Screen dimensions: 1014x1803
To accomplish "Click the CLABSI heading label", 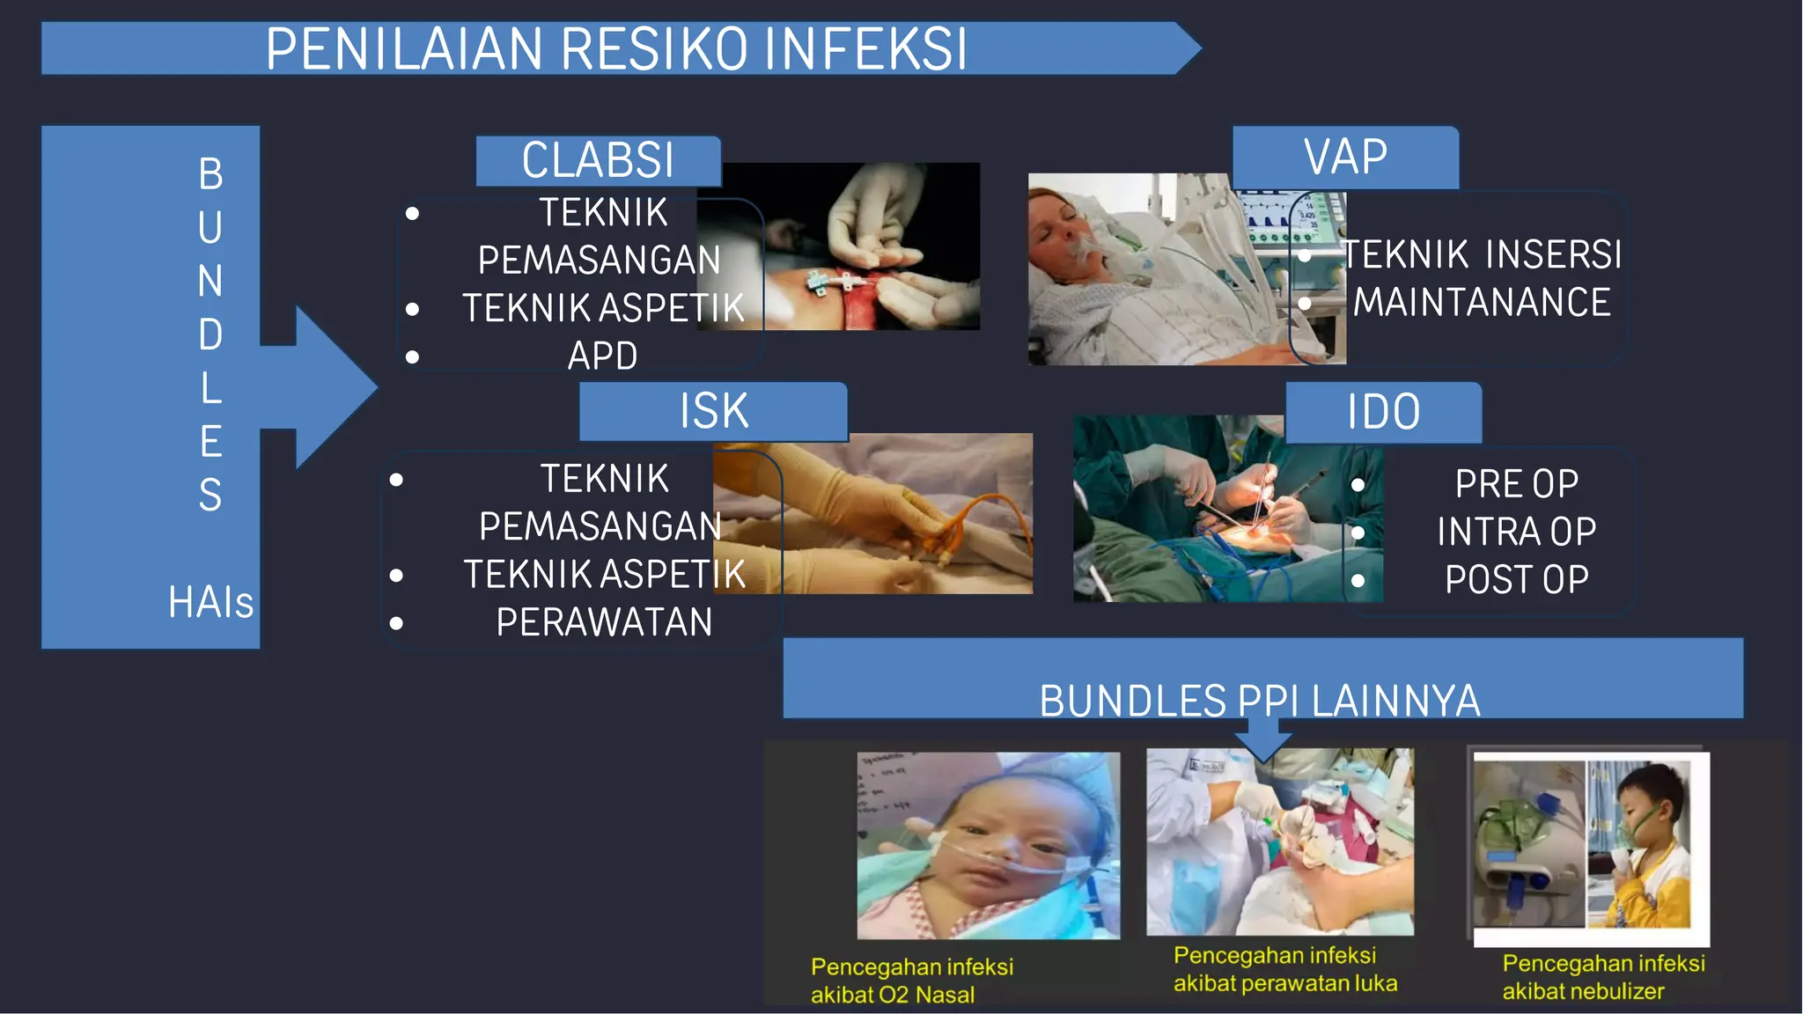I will click(x=598, y=160).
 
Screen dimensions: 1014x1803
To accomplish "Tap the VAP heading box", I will click(x=1345, y=158).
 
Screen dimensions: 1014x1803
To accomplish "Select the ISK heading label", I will click(x=713, y=411).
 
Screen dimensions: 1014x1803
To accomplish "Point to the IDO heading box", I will click(x=1383, y=412).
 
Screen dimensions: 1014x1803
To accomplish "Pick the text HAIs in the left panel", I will click(x=210, y=603).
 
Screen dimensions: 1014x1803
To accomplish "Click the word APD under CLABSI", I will click(x=602, y=356).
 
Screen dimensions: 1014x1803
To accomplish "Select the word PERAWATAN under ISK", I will click(x=604, y=622).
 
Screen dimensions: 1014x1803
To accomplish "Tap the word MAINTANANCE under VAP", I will click(x=1482, y=302).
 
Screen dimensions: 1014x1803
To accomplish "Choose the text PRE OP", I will click(x=1516, y=484).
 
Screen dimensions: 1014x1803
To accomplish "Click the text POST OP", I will click(x=1516, y=579).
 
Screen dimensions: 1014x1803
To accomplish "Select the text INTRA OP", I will click(x=1516, y=532).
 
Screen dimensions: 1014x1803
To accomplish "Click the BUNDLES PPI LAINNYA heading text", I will click(x=1260, y=701).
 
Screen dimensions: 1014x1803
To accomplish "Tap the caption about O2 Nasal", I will click(x=911, y=981).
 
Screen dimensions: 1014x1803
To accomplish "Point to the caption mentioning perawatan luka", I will click(x=1284, y=969).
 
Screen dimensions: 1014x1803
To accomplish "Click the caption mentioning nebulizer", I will click(x=1602, y=977).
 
